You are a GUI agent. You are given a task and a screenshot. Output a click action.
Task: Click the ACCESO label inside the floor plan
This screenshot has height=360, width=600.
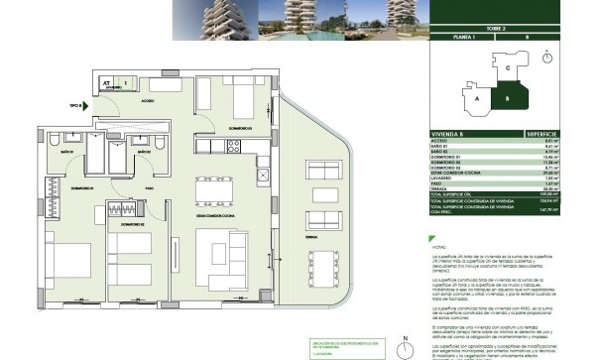pyautogui.click(x=147, y=100)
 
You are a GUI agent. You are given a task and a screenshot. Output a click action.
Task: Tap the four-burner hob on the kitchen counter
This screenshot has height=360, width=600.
pyautogui.click(x=235, y=148)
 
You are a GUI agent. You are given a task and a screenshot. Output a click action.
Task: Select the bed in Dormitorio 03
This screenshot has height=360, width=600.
pyautogui.click(x=238, y=97)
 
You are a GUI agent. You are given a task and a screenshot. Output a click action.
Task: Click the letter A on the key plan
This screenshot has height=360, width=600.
pyautogui.click(x=477, y=100)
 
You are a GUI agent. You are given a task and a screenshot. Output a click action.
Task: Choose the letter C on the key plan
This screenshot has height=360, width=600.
pyautogui.click(x=508, y=67)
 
